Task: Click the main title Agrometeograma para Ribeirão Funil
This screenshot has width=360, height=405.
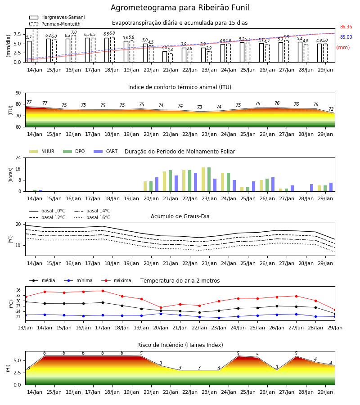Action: pos(180,8)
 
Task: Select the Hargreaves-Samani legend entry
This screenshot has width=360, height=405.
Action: pos(57,17)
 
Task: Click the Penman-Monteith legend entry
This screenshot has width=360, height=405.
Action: pos(55,24)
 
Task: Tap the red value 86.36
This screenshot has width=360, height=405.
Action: pos(346,27)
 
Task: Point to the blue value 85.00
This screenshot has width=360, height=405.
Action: pos(346,37)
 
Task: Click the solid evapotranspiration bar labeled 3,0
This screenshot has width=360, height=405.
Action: pos(165,57)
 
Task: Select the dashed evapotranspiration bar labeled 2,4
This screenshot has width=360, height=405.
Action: pos(171,58)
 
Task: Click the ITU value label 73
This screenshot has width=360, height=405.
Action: pos(200,107)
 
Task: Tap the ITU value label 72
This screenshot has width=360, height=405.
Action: pos(331,109)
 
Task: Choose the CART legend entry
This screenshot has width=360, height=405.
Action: pos(105,151)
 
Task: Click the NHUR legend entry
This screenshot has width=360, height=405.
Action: pos(41,151)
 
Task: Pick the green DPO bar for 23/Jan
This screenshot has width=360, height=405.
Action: pos(209,180)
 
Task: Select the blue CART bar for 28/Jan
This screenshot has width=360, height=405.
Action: pos(312,188)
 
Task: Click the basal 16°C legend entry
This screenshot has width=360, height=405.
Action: pos(92,217)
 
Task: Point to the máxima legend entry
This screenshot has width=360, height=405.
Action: pos(117,280)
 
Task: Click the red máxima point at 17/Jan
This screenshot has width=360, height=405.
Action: pos(103,291)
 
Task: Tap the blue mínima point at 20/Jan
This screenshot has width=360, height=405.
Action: pos(161,314)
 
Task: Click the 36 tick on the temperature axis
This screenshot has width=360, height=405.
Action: pos(18,290)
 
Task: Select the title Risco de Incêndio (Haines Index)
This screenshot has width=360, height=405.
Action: pos(180,345)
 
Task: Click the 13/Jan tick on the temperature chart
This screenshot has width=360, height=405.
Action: pos(25,328)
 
